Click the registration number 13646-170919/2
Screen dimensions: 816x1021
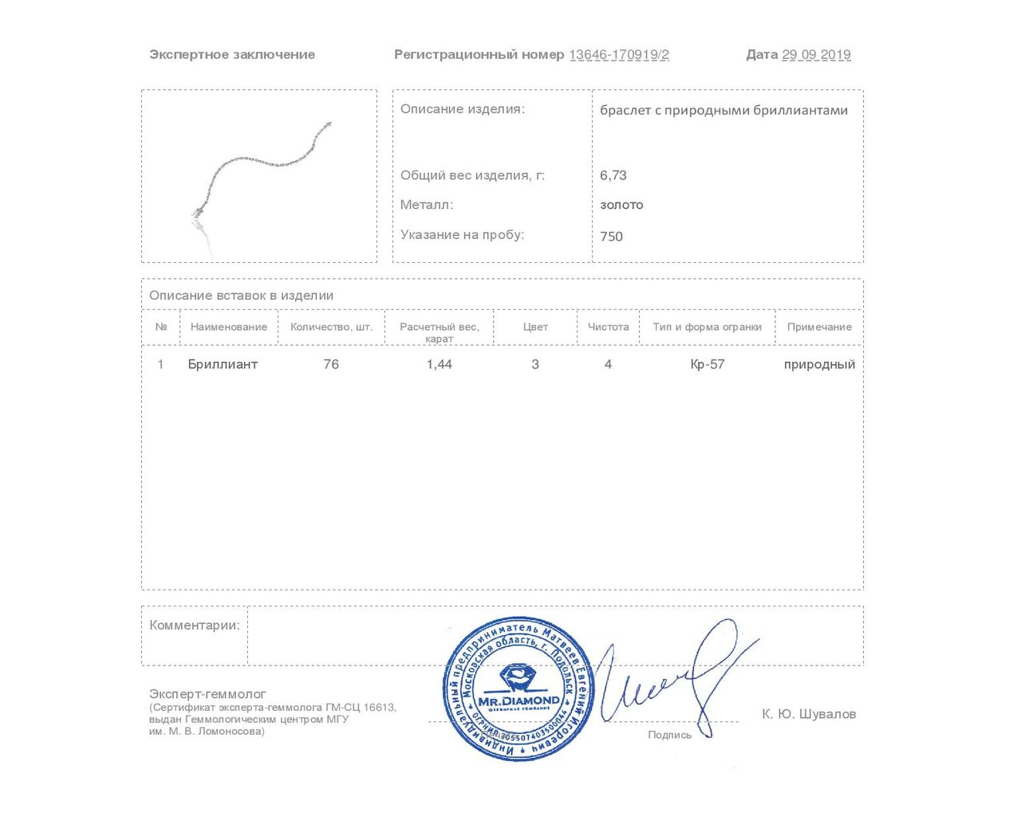tap(619, 55)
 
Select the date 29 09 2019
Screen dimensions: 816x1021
tap(816, 55)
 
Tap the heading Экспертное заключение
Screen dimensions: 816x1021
tap(232, 55)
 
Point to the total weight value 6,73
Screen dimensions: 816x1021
tap(613, 175)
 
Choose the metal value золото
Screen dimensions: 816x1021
tap(621, 205)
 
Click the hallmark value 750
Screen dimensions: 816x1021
tap(611, 236)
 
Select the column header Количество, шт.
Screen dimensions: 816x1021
tap(331, 327)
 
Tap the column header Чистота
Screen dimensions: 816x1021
tap(608, 327)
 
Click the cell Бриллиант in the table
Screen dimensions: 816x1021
tap(223, 364)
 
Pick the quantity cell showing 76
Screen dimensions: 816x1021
tap(331, 364)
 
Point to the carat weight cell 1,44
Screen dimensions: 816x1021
tap(440, 364)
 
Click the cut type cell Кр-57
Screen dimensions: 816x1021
tap(708, 364)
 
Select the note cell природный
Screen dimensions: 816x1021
tap(819, 364)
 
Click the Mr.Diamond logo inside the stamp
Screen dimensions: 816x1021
tap(518, 690)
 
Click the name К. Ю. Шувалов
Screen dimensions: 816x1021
tap(808, 714)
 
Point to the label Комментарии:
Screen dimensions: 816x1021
tap(195, 626)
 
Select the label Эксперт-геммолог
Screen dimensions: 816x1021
tap(207, 694)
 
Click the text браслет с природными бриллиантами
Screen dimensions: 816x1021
tap(723, 111)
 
